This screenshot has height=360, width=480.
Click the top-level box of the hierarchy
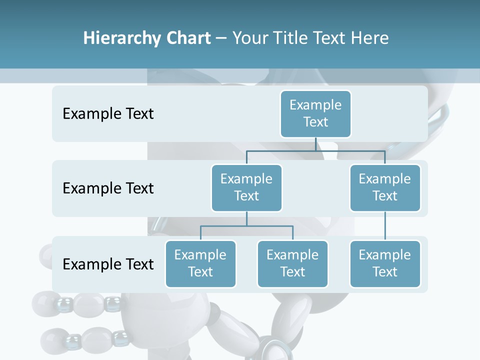pyautogui.click(x=315, y=113)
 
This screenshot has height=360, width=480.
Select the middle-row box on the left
pyautogui.click(x=246, y=187)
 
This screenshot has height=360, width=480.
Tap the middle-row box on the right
pyautogui.click(x=385, y=187)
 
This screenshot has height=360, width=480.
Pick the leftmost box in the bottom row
pyautogui.click(x=200, y=263)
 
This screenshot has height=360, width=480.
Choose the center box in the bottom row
pyautogui.click(x=292, y=263)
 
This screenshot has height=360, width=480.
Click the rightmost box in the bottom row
pyautogui.click(x=385, y=263)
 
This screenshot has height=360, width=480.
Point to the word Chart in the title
pyautogui.click(x=187, y=38)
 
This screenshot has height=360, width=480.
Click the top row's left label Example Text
pyautogui.click(x=108, y=113)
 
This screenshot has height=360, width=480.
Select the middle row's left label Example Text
pyautogui.click(x=108, y=188)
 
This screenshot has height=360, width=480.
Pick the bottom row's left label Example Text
pyautogui.click(x=108, y=264)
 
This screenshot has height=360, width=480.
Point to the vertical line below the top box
pyautogui.click(x=315, y=144)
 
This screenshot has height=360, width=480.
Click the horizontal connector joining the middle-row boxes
pyautogui.click(x=315, y=150)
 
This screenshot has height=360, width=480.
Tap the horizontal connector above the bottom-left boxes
pyautogui.click(x=246, y=226)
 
